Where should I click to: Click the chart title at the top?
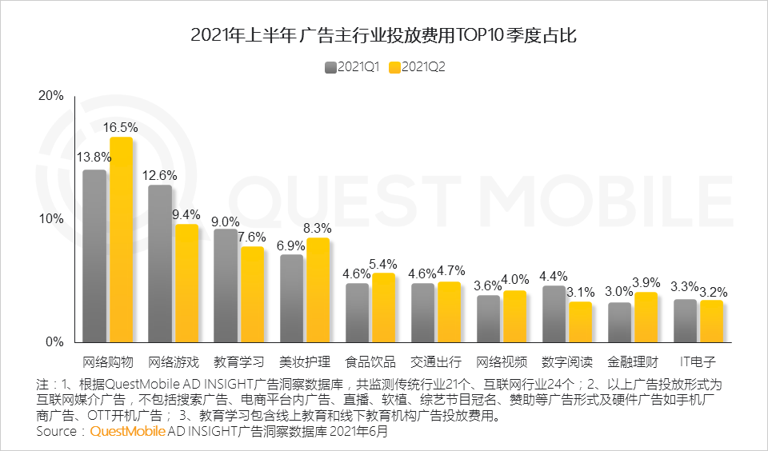click(x=384, y=35)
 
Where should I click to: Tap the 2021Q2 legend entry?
click(x=417, y=67)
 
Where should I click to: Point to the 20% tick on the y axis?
click(x=51, y=96)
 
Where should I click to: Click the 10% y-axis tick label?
click(x=51, y=219)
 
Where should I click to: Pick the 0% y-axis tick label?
click(x=54, y=342)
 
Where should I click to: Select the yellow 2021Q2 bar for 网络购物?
click(x=121, y=240)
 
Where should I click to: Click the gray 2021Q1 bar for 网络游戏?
click(x=160, y=264)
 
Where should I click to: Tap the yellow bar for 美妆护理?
click(x=318, y=289)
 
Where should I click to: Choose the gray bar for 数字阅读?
click(x=554, y=313)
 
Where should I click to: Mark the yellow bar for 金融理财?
click(x=646, y=317)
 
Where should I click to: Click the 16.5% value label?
click(x=120, y=127)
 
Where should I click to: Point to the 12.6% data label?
click(x=160, y=175)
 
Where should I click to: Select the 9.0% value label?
click(x=226, y=222)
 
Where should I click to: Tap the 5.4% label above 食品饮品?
click(x=383, y=263)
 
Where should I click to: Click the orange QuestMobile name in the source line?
click(x=128, y=431)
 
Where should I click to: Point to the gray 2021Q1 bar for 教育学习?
click(x=226, y=285)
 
